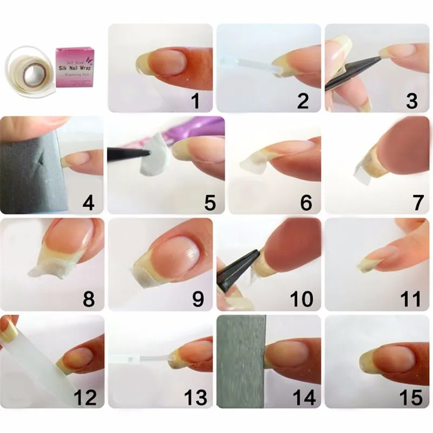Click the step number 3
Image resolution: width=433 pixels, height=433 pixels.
(411, 101)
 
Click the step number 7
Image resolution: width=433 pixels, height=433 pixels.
(417, 203)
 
